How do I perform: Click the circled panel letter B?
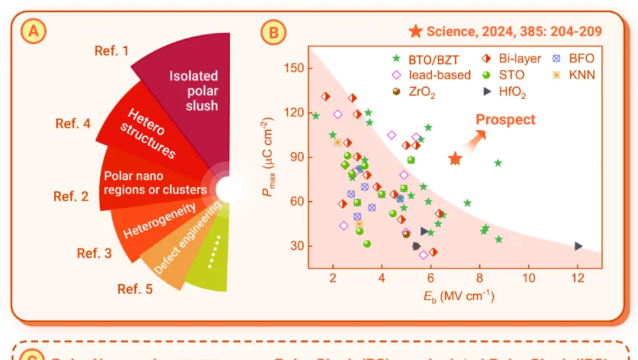point(273,31)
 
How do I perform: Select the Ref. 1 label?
point(111,50)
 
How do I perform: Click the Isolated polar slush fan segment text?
point(193,90)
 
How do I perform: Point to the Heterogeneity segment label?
point(159,221)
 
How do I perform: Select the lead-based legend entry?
point(432,75)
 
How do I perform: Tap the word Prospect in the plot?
point(505,120)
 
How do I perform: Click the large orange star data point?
point(455,159)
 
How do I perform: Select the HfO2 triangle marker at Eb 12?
point(578,246)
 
